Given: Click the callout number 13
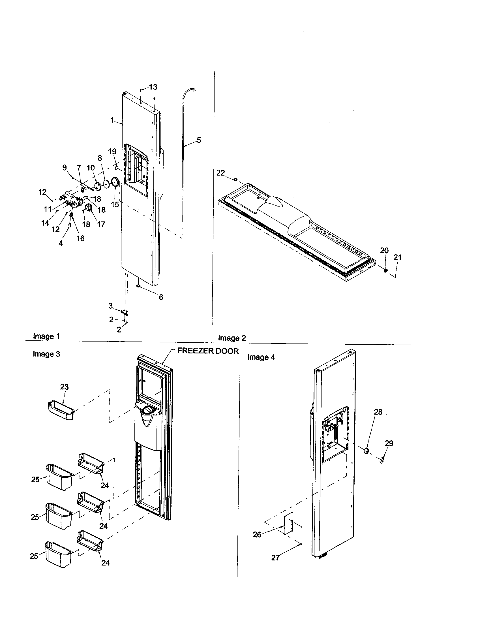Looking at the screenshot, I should click(x=153, y=87).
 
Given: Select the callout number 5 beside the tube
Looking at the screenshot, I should click(x=199, y=140).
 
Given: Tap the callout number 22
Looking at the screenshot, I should click(x=221, y=173).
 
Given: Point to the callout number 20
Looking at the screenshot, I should click(x=384, y=250).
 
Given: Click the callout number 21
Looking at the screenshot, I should click(x=397, y=257).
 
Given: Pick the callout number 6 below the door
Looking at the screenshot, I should click(x=161, y=297).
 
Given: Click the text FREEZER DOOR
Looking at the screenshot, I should click(x=208, y=351).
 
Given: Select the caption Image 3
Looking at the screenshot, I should click(x=46, y=354).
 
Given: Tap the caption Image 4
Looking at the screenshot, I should click(x=261, y=357).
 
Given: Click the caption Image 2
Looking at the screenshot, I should click(x=232, y=338).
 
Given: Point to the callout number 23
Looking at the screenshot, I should click(x=65, y=387).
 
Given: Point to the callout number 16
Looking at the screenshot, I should click(x=80, y=238).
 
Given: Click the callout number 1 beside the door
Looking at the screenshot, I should click(x=112, y=120).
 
